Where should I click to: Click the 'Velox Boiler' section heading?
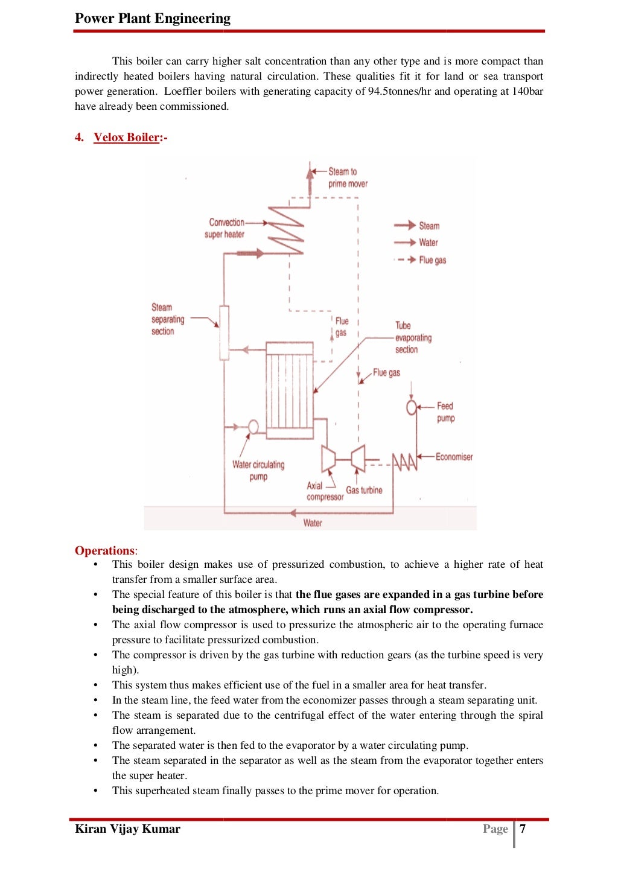126,137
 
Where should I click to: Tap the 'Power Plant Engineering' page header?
152,18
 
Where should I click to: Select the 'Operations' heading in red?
105,550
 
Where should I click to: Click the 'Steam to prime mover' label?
347,177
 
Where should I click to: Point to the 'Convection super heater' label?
225,228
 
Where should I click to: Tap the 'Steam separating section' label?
167,319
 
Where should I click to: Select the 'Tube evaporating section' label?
413,337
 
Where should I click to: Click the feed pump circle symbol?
412,407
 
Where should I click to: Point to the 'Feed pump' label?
445,412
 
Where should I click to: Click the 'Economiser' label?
454,457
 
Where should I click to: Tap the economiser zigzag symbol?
404,462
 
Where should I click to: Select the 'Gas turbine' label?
364,490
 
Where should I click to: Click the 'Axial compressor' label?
324,491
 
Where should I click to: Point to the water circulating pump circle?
253,427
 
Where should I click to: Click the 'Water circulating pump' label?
258,470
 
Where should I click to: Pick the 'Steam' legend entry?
429,226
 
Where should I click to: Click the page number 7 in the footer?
523,829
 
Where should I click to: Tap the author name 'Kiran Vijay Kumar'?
127,829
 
